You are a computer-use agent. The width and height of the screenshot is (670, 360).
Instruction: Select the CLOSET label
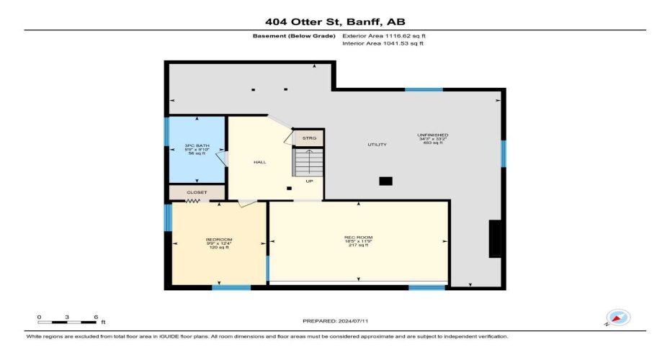point(197,192)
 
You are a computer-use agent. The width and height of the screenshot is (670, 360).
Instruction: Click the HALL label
point(259,162)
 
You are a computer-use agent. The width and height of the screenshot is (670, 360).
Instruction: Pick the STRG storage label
point(308,138)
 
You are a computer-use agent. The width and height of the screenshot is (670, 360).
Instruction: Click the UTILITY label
point(377,145)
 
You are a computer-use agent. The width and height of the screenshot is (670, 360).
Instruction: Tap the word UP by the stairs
point(308,181)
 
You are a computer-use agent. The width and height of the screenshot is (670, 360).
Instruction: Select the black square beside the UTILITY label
point(385,181)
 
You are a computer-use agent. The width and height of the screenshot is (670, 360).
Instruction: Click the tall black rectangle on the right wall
point(495,238)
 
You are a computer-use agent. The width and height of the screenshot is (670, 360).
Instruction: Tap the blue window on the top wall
point(424,89)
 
